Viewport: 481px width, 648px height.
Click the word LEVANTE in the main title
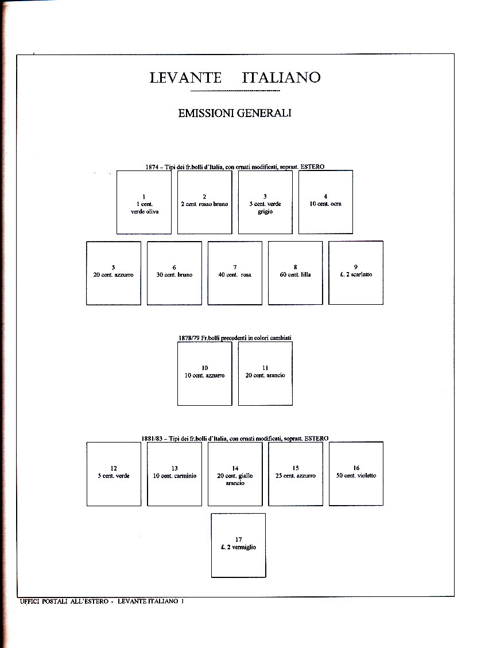(187, 77)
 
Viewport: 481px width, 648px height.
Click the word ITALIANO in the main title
(281, 77)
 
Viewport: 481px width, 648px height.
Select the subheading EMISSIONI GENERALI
(235, 113)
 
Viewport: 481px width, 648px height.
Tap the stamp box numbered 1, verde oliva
(143, 202)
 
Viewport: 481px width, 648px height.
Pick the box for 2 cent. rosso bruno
(204, 202)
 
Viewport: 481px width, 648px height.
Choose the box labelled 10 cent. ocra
(325, 202)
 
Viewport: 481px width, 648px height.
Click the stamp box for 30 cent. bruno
(174, 273)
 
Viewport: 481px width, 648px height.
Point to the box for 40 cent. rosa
(235, 273)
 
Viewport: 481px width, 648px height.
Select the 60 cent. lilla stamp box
(295, 273)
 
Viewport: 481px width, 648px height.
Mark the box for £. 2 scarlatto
(356, 273)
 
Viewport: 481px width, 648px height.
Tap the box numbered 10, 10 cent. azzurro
(204, 373)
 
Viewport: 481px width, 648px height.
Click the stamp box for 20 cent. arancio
(265, 373)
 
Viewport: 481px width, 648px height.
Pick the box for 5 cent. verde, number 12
(114, 474)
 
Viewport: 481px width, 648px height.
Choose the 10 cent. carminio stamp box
(174, 474)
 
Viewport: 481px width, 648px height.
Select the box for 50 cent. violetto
(356, 474)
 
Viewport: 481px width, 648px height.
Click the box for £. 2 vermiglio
(238, 545)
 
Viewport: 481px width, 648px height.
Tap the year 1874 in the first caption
(152, 167)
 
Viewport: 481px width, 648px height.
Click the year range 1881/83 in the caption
(152, 439)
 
